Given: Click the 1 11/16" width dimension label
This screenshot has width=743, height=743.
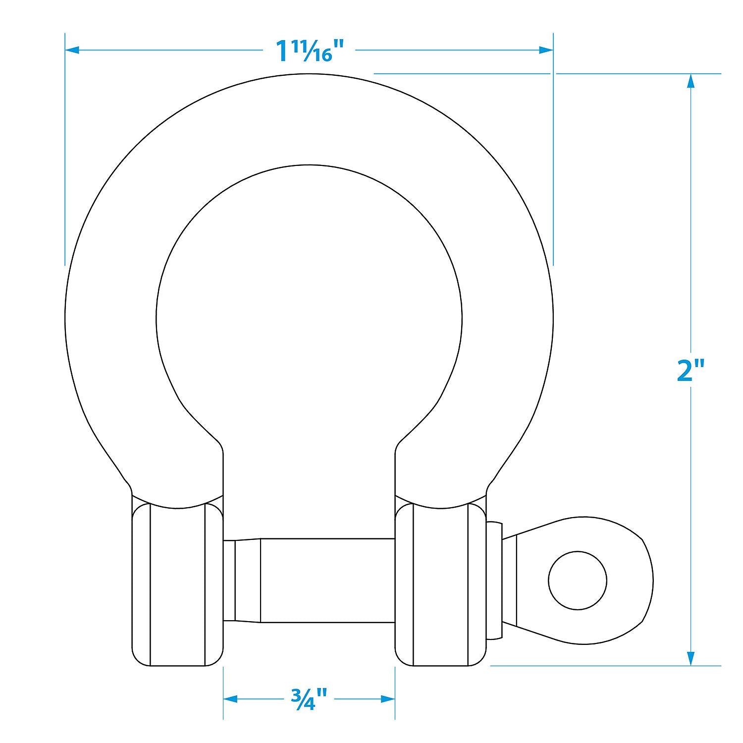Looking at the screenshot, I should pyautogui.click(x=310, y=51).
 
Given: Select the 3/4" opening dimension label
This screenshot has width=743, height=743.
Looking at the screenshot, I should pyautogui.click(x=309, y=699).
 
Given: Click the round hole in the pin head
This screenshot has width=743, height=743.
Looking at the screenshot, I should pyautogui.click(x=578, y=580).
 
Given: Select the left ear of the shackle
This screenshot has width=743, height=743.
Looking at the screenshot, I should pyautogui.click(x=177, y=584).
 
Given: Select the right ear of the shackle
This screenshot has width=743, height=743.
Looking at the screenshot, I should pyautogui.click(x=440, y=584).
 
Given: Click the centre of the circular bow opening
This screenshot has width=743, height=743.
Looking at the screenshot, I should pyautogui.click(x=309, y=317).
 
